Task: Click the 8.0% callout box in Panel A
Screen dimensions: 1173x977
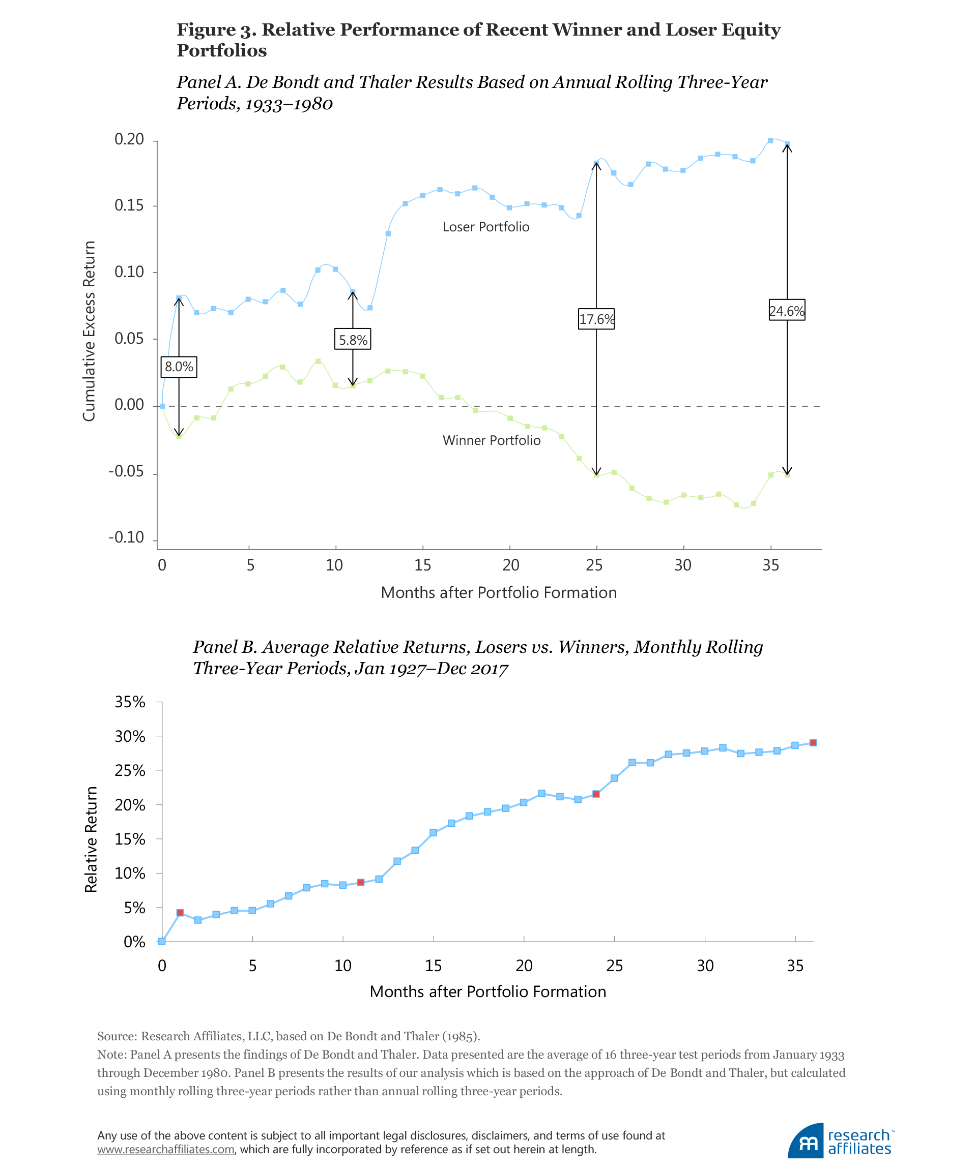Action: point(179,367)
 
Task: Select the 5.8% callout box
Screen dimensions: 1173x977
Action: point(353,340)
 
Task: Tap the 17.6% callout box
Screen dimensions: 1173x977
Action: point(596,319)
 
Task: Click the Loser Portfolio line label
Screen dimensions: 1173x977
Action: point(486,227)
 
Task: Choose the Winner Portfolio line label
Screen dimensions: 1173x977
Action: point(491,440)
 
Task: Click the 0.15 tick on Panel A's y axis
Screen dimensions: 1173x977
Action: point(129,205)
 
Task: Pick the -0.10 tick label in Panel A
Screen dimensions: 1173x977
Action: point(126,537)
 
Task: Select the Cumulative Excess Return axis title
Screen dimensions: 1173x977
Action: point(89,331)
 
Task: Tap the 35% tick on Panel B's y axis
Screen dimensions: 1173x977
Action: point(130,702)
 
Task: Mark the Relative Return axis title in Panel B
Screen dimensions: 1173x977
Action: point(91,839)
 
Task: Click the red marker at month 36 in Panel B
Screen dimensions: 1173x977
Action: point(813,743)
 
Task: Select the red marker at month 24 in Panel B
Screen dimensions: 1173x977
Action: point(596,794)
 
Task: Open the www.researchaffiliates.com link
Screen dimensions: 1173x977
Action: point(165,1150)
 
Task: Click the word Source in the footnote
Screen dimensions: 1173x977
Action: point(116,1036)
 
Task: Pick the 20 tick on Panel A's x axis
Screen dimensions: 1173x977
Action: point(510,565)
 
